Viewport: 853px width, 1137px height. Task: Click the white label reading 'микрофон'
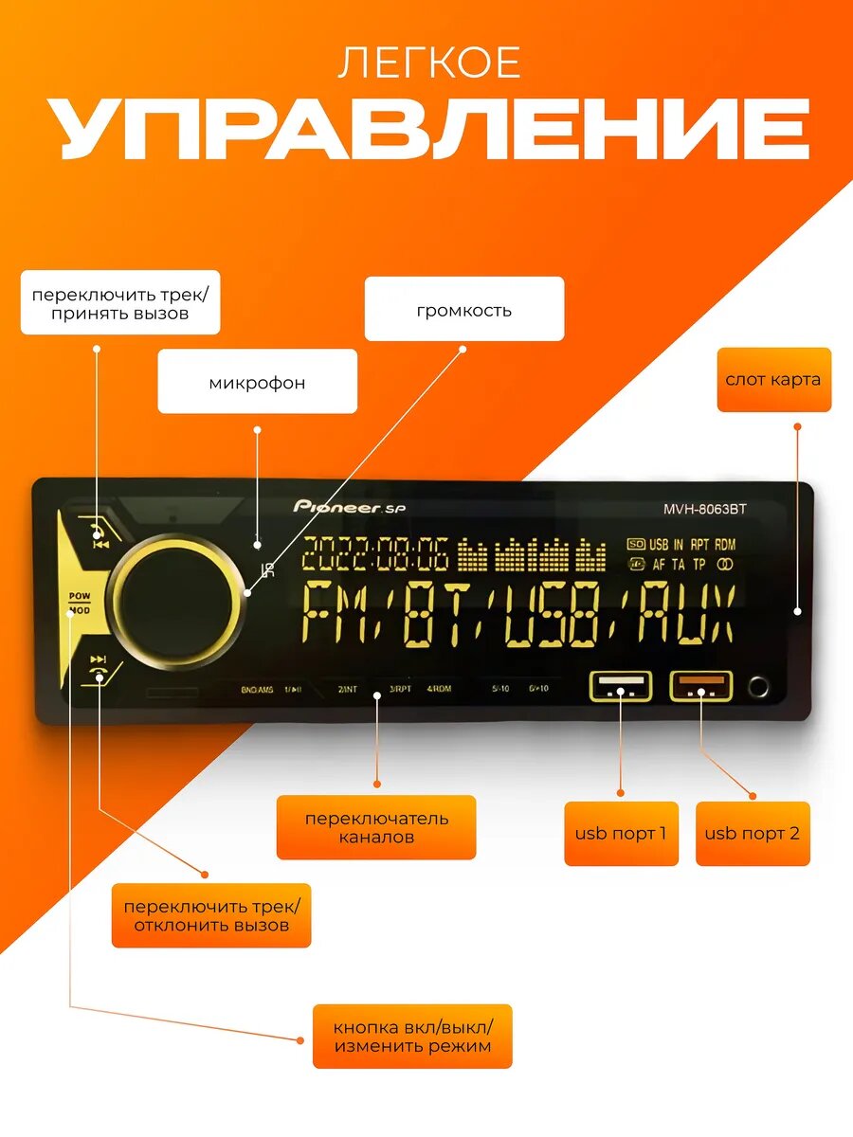point(257,382)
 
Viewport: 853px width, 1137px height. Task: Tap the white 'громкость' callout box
point(463,309)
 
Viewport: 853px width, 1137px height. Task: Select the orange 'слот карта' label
point(773,380)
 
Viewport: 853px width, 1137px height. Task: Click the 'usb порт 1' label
point(621,834)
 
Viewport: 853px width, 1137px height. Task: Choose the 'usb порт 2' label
point(753,834)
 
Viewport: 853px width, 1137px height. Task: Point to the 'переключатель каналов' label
point(376,827)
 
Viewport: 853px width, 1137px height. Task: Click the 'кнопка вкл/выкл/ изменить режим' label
point(412,1037)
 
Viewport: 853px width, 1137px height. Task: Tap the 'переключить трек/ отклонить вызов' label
point(211,915)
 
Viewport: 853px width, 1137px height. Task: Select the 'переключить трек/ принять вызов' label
point(120,303)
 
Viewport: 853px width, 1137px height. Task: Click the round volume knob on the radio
point(178,604)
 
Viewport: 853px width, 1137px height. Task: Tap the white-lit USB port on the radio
point(621,685)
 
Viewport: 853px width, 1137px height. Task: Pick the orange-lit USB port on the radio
point(702,685)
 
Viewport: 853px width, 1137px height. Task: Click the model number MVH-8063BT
point(705,508)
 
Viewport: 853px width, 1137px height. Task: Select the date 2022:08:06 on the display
point(374,554)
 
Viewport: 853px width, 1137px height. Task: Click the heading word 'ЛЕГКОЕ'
point(429,63)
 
